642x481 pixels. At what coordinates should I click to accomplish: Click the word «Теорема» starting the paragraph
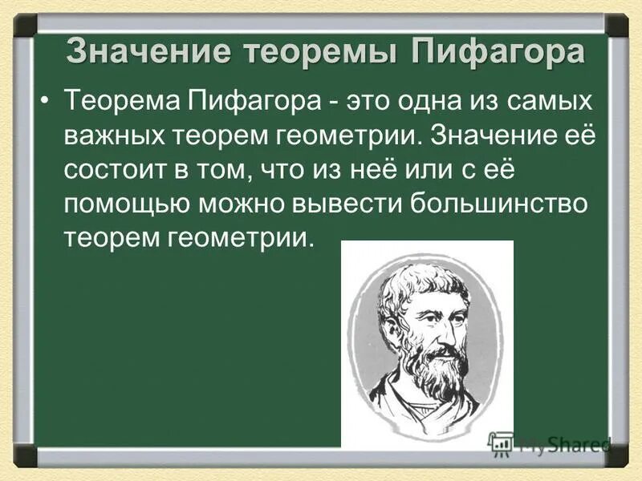(x=121, y=100)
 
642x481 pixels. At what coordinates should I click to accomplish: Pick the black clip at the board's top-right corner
(x=616, y=23)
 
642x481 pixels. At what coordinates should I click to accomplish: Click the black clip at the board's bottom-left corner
(x=26, y=457)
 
